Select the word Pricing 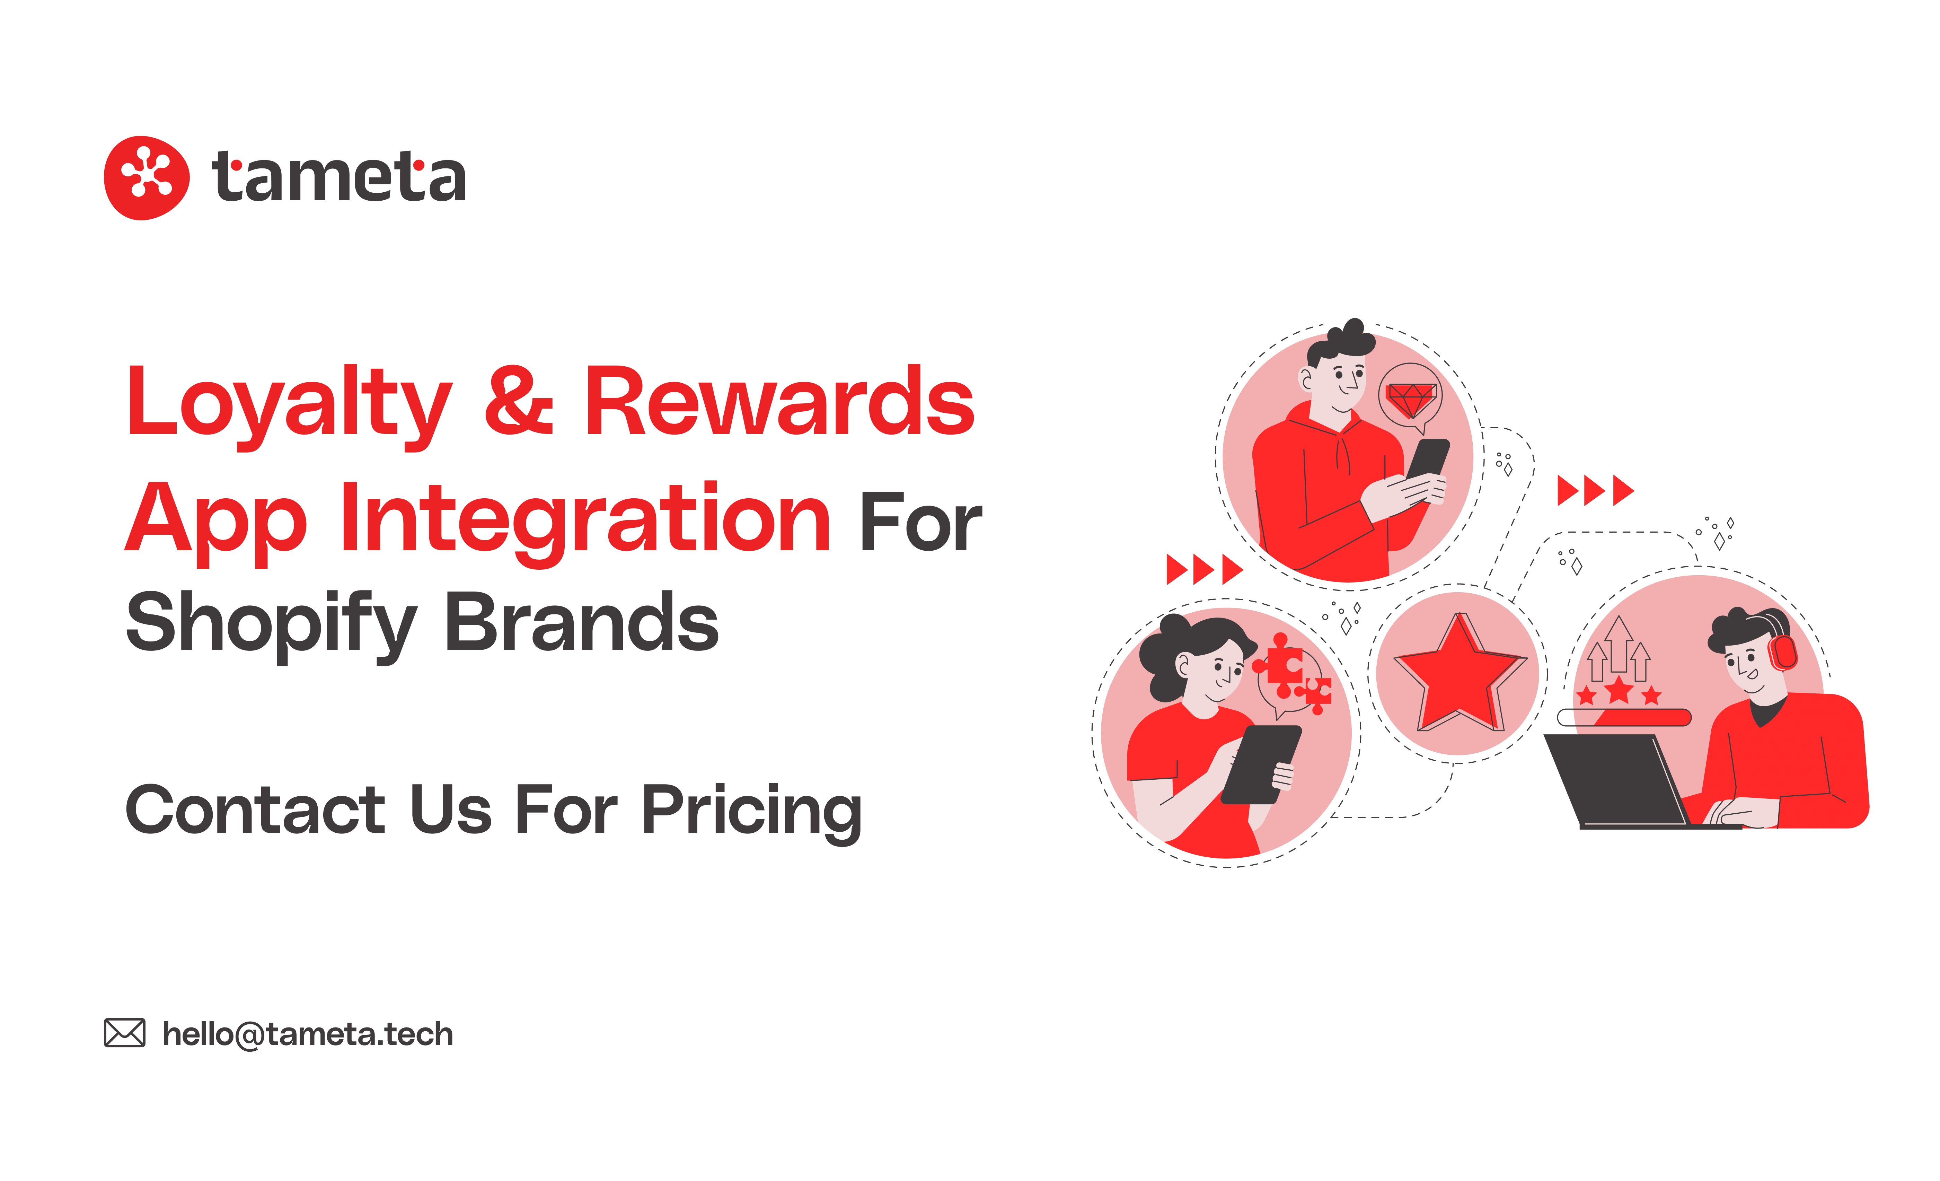pyautogui.click(x=752, y=811)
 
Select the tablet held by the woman pyautogui.click(x=1260, y=764)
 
